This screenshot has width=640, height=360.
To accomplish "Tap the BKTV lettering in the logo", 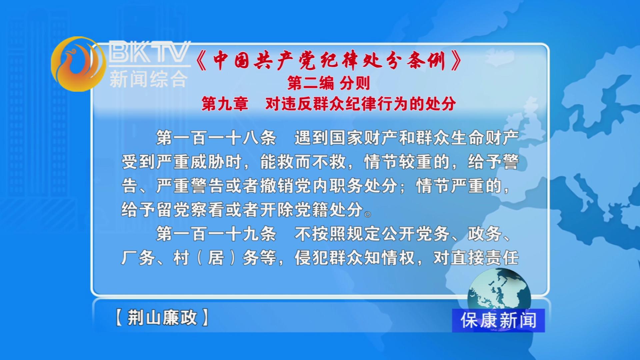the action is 150,51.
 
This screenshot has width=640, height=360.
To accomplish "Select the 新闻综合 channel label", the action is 149,79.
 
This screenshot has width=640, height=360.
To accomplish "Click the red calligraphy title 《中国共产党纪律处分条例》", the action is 329,60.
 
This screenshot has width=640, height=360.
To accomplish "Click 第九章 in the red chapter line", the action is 225,104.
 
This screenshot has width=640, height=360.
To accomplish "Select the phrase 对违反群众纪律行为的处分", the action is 361,104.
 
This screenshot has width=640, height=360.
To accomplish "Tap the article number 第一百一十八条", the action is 216,138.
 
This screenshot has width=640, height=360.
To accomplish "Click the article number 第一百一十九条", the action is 216,234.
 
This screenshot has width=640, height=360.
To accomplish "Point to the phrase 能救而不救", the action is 303,162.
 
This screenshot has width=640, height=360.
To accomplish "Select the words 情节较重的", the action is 407,162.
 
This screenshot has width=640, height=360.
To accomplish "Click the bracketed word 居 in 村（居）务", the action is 216,258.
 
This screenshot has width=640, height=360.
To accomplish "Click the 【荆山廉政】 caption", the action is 162,317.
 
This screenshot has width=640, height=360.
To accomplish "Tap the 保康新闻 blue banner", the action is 498,320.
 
